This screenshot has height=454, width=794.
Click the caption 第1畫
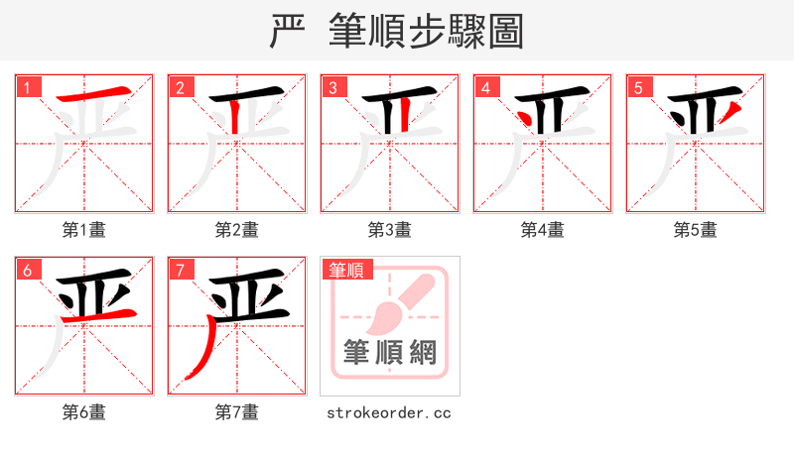[x=83, y=230]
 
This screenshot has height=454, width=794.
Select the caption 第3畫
[x=389, y=230]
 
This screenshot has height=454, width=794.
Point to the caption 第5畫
[x=695, y=230]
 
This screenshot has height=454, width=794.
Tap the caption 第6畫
[x=83, y=412]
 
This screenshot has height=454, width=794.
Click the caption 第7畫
[x=236, y=412]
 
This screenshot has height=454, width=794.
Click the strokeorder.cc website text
[x=389, y=412]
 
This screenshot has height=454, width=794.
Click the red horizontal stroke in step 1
[x=95, y=95]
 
